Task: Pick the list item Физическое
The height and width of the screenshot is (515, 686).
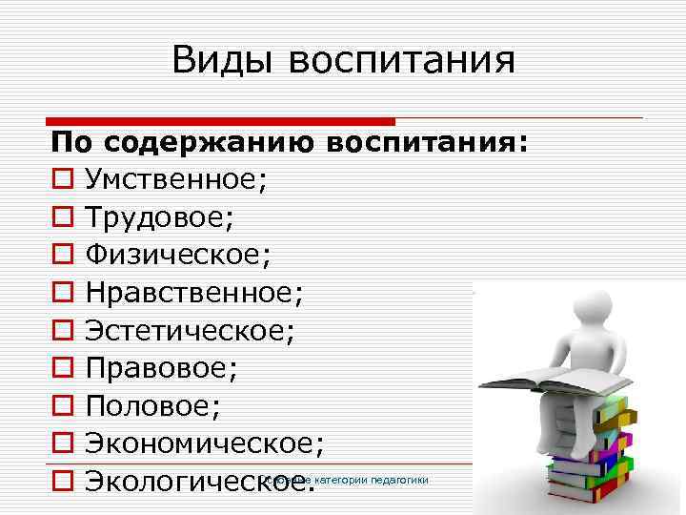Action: click(178, 255)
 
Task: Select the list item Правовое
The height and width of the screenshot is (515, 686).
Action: click(161, 368)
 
